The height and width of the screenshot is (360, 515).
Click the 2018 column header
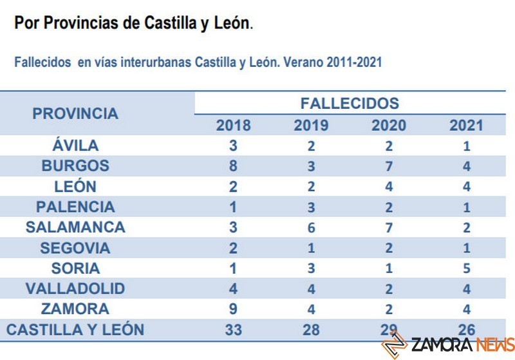pyautogui.click(x=233, y=124)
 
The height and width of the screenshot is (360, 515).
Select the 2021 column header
pyautogui.click(x=466, y=124)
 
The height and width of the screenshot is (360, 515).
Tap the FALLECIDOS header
pyautogui.click(x=350, y=103)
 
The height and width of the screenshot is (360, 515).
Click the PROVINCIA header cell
pyautogui.click(x=75, y=113)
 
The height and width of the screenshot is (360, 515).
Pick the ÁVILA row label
pyautogui.click(x=75, y=146)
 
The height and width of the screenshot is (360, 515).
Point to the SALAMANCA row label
pyautogui.click(x=75, y=228)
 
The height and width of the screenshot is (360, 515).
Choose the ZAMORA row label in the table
pyautogui.click(x=75, y=308)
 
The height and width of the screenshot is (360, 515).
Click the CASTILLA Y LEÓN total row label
pyautogui.click(x=75, y=330)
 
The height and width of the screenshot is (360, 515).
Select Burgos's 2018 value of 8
pyautogui.click(x=233, y=166)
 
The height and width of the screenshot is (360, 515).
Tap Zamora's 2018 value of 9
pyautogui.click(x=233, y=308)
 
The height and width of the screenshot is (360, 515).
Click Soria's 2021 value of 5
pyautogui.click(x=467, y=268)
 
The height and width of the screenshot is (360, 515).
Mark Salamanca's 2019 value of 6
pyautogui.click(x=311, y=228)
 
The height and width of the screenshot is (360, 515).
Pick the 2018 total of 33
pyautogui.click(x=233, y=330)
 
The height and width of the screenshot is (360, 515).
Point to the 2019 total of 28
pyautogui.click(x=311, y=330)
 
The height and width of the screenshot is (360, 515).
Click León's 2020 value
pyautogui.click(x=389, y=187)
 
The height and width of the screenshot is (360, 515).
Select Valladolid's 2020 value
pyautogui.click(x=389, y=289)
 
